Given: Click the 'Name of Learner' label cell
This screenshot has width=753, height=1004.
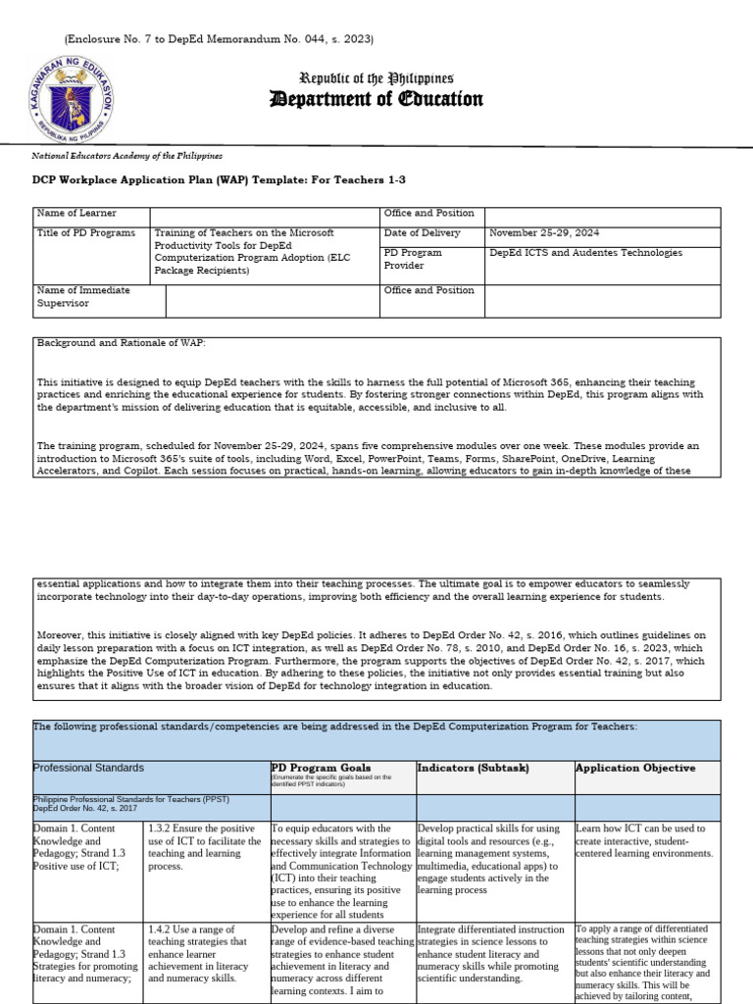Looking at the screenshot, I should (76, 213).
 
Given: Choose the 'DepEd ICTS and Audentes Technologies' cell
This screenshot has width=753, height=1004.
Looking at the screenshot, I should (586, 253).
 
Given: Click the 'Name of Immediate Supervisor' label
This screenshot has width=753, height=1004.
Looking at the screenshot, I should (84, 297).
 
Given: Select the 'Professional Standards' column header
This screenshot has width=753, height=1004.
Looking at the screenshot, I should (88, 768).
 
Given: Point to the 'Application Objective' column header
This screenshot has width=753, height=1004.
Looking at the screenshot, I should (635, 768).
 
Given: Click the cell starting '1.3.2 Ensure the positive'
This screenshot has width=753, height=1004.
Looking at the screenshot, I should (205, 847).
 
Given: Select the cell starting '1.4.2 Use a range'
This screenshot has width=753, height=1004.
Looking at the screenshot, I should (205, 952).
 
